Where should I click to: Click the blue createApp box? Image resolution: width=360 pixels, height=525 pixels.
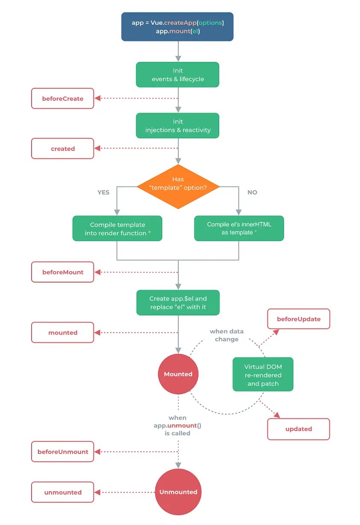pos(177,27)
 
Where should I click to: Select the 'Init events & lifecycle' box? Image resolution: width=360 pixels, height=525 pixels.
pos(177,75)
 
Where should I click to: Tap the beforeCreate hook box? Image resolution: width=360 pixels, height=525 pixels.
pos(63,99)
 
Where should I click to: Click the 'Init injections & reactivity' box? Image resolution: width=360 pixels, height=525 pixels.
pos(177,125)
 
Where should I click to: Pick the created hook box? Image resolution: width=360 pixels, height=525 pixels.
pos(63,149)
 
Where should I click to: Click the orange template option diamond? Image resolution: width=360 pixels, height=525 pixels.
pos(178,187)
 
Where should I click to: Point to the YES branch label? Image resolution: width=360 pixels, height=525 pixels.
pos(104,192)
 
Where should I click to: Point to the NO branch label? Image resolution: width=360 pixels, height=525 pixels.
pos(252,192)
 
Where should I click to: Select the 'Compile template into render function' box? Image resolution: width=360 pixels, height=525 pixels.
pos(117,228)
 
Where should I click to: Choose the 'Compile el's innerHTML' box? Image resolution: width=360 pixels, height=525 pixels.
pos(239,228)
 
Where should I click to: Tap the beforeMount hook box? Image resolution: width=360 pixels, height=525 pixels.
pos(63,272)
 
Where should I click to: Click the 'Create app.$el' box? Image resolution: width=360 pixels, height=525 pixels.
pos(178,303)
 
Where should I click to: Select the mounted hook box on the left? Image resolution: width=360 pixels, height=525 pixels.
pos(63,332)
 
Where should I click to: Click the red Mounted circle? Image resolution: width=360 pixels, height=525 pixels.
pos(178,374)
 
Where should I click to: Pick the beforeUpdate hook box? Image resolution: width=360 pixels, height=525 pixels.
pos(299,319)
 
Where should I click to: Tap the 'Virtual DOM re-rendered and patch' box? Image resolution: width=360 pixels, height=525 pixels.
pos(263,374)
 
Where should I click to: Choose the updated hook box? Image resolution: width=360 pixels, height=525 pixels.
pos(299,429)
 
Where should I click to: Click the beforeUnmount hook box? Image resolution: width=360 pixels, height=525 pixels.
pos(63,452)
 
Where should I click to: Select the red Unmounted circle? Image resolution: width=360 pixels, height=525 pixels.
pos(178,492)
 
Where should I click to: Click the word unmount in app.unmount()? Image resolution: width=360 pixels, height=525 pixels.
pos(182,426)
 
